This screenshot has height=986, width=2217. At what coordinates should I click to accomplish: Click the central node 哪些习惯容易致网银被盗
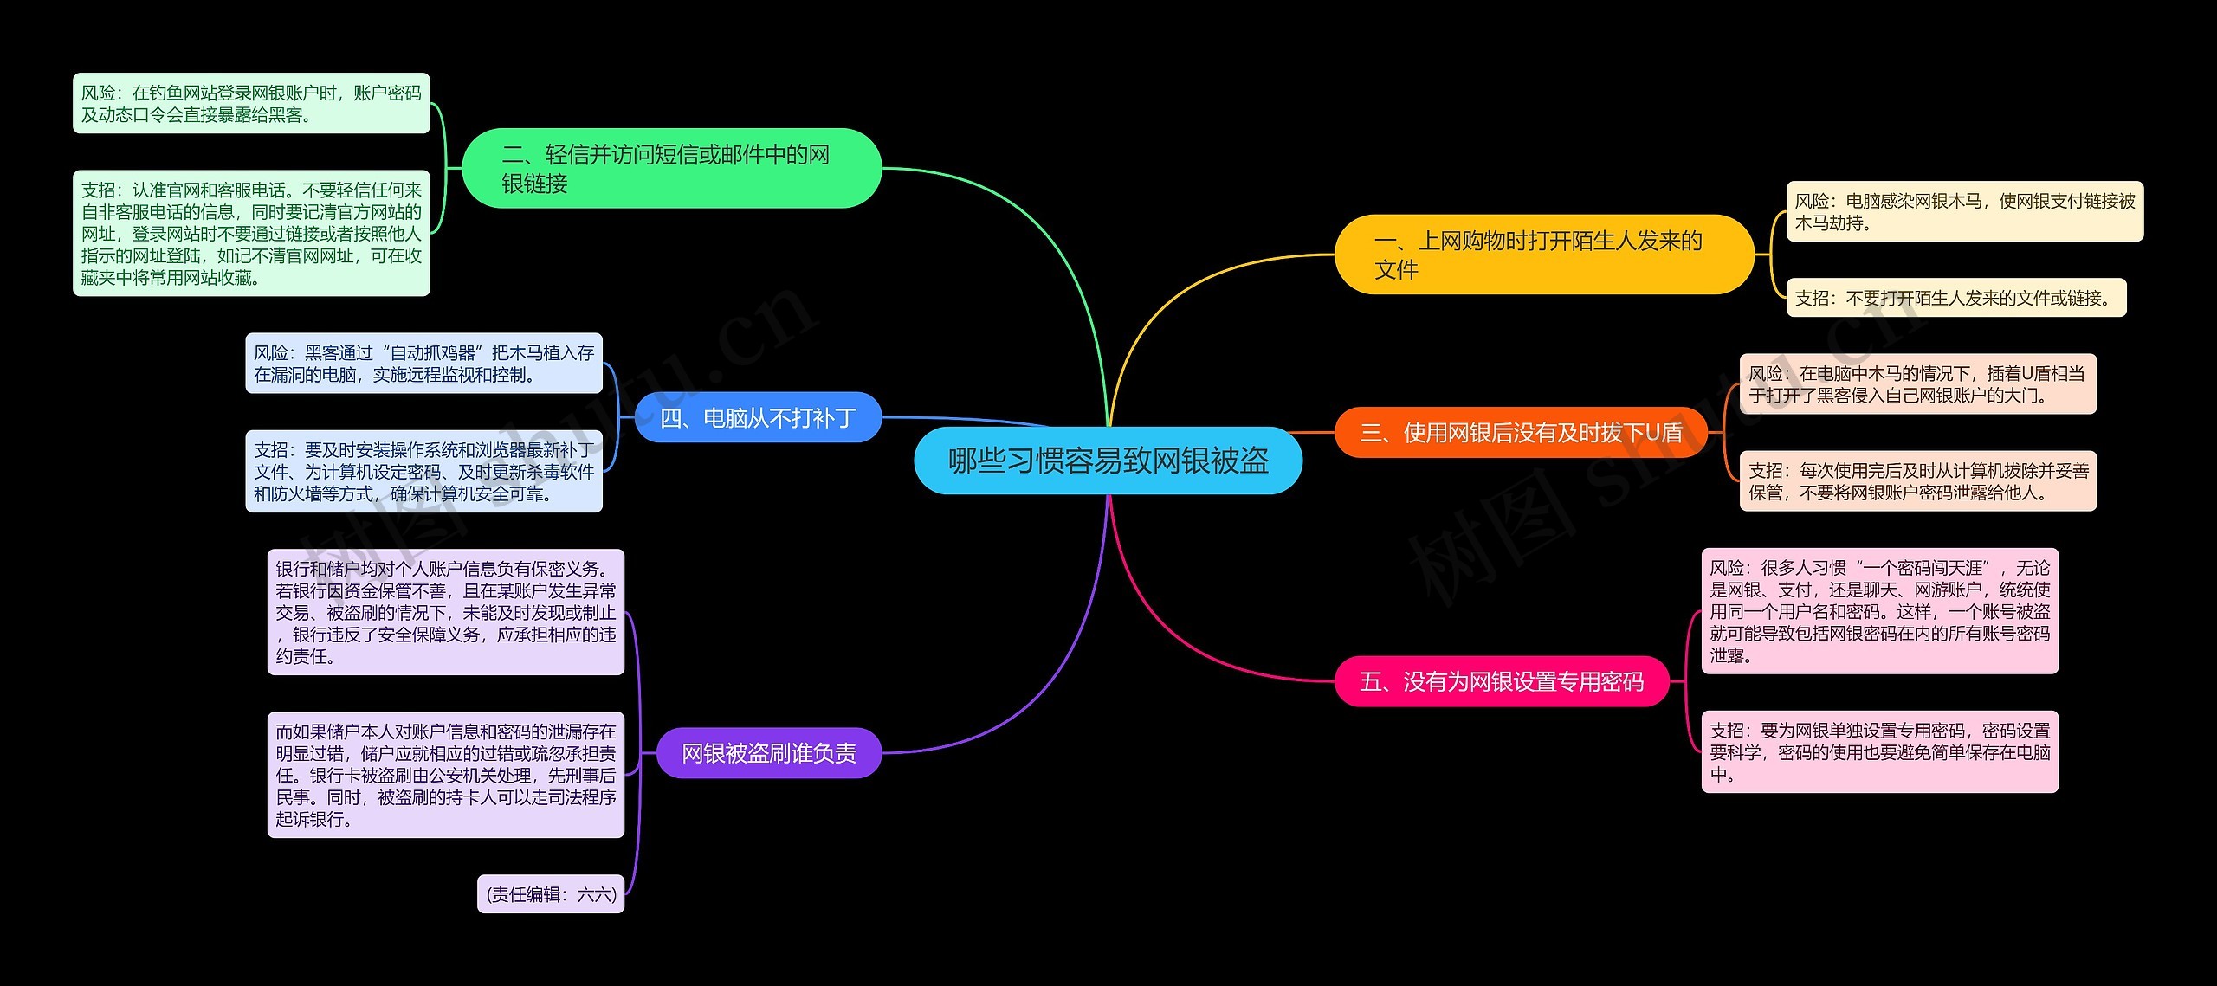(1108, 461)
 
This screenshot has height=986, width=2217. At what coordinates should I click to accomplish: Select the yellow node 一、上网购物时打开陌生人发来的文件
(1544, 255)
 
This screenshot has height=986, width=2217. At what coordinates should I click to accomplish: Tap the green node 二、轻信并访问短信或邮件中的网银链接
(672, 168)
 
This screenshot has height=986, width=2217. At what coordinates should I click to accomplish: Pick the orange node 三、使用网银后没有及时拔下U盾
(1521, 432)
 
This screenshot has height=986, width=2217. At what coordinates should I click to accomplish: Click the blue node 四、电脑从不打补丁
(759, 417)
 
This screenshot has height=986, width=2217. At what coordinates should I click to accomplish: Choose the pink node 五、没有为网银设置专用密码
(1502, 681)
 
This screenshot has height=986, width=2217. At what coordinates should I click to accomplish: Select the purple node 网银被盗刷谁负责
(769, 753)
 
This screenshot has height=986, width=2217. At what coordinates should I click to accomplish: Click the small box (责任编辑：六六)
(551, 893)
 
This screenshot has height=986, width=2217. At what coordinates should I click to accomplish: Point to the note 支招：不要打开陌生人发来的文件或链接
(1956, 298)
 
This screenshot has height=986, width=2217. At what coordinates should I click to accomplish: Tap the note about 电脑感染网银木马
(1965, 211)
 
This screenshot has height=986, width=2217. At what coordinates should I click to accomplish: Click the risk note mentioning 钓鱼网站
(251, 103)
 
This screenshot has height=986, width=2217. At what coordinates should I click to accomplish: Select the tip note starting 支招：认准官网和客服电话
(251, 233)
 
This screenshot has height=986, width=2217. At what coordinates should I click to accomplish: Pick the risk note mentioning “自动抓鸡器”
(423, 364)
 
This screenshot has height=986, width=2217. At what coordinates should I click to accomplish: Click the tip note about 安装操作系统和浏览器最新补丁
(423, 471)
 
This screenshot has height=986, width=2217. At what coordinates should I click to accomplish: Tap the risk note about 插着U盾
(1918, 383)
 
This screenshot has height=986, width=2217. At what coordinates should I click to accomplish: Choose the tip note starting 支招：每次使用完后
(1918, 480)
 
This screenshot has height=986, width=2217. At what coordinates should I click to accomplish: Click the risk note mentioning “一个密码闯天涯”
(1880, 610)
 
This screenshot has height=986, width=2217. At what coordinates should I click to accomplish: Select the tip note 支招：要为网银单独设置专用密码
(1880, 751)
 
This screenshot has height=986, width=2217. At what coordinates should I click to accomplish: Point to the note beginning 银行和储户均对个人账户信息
(446, 612)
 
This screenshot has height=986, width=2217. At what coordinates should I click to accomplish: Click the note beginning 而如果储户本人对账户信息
(446, 775)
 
